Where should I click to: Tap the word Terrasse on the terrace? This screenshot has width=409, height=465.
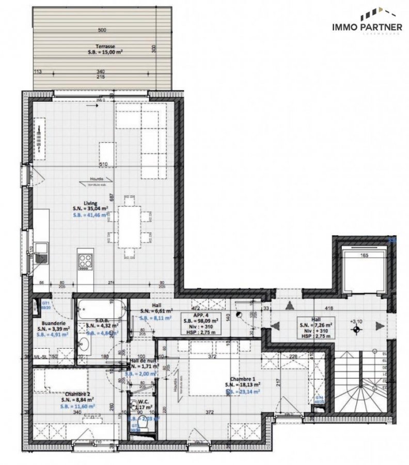point(102,46)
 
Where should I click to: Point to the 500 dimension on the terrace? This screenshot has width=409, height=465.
point(102,29)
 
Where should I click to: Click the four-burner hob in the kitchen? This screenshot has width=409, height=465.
point(85,259)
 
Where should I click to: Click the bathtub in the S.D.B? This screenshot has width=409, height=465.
point(101,309)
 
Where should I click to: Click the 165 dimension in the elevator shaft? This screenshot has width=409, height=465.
point(364,256)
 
